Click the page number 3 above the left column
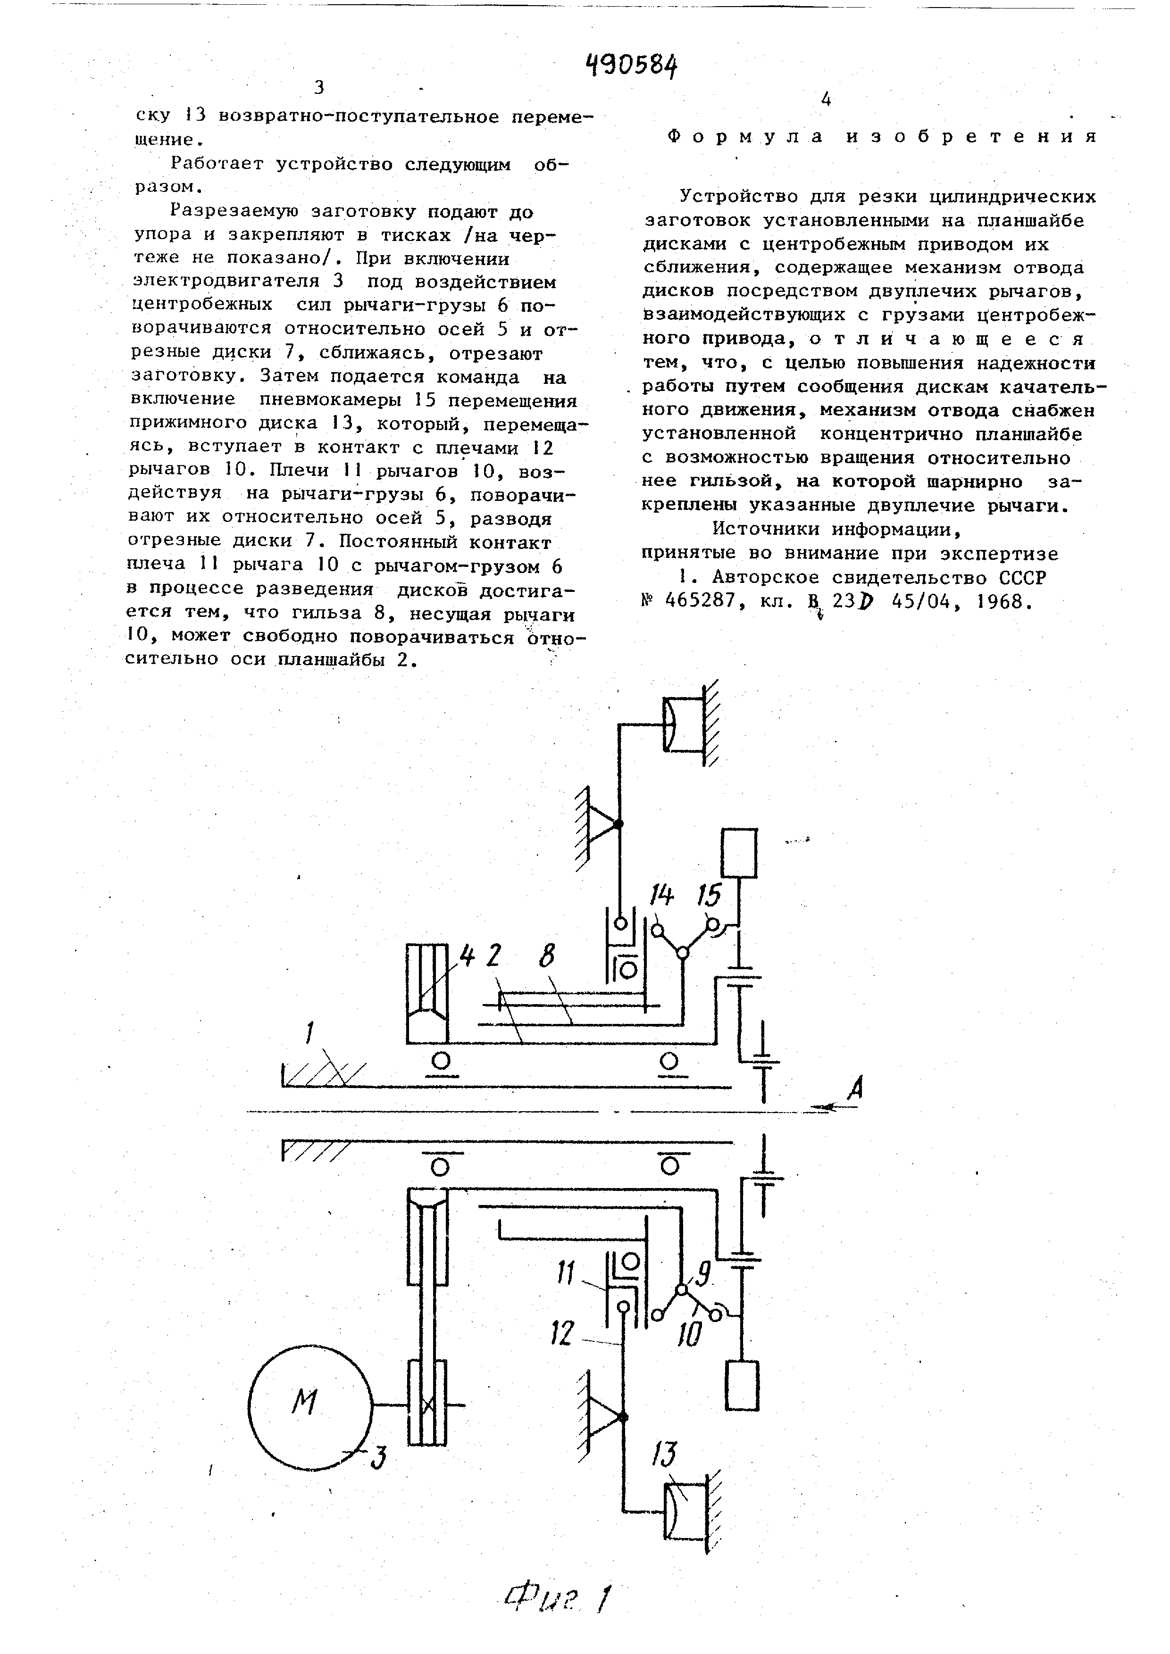click(319, 88)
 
